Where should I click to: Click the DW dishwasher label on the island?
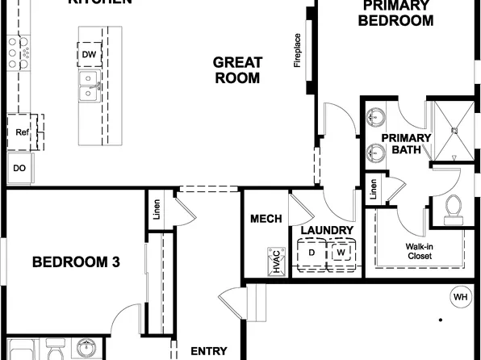point(90,55)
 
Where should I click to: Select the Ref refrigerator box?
point(22,131)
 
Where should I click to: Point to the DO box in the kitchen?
point(19,169)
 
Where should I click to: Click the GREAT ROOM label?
point(236,70)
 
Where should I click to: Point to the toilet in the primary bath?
point(453,207)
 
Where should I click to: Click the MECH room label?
point(266,219)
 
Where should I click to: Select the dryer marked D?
point(312,253)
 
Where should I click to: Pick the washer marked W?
point(341,253)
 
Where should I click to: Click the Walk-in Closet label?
point(419,251)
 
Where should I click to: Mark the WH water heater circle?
point(461,297)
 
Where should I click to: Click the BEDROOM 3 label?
point(76,262)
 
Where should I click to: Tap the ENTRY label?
point(208,351)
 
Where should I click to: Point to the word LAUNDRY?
point(327,231)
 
